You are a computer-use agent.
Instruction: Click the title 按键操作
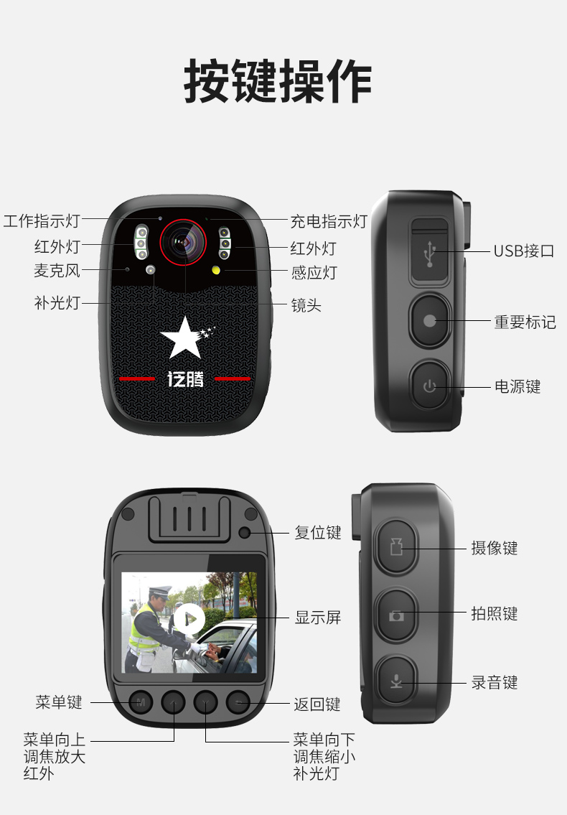coord(278,82)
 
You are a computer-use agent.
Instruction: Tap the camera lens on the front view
coord(184,242)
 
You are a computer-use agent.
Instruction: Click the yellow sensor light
coord(216,270)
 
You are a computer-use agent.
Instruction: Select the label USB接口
coord(523,251)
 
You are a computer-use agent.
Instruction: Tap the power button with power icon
coord(429,386)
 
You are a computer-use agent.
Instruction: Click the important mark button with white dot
coord(430,320)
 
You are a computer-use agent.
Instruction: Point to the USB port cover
coord(429,251)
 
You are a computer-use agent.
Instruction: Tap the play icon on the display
coord(189,618)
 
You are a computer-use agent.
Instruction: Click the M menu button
coord(141,703)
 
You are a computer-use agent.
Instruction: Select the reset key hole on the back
coord(245,532)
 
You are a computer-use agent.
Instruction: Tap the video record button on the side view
coord(396,546)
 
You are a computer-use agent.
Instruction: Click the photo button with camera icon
coord(396,615)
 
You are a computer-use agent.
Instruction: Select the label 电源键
coord(517,387)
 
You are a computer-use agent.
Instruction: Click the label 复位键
coord(317,533)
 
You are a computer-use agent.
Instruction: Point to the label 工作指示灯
coord(42,221)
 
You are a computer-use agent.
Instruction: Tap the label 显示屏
coord(317,618)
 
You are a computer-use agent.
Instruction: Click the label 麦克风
coord(57,271)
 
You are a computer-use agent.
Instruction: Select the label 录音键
coord(495,682)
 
